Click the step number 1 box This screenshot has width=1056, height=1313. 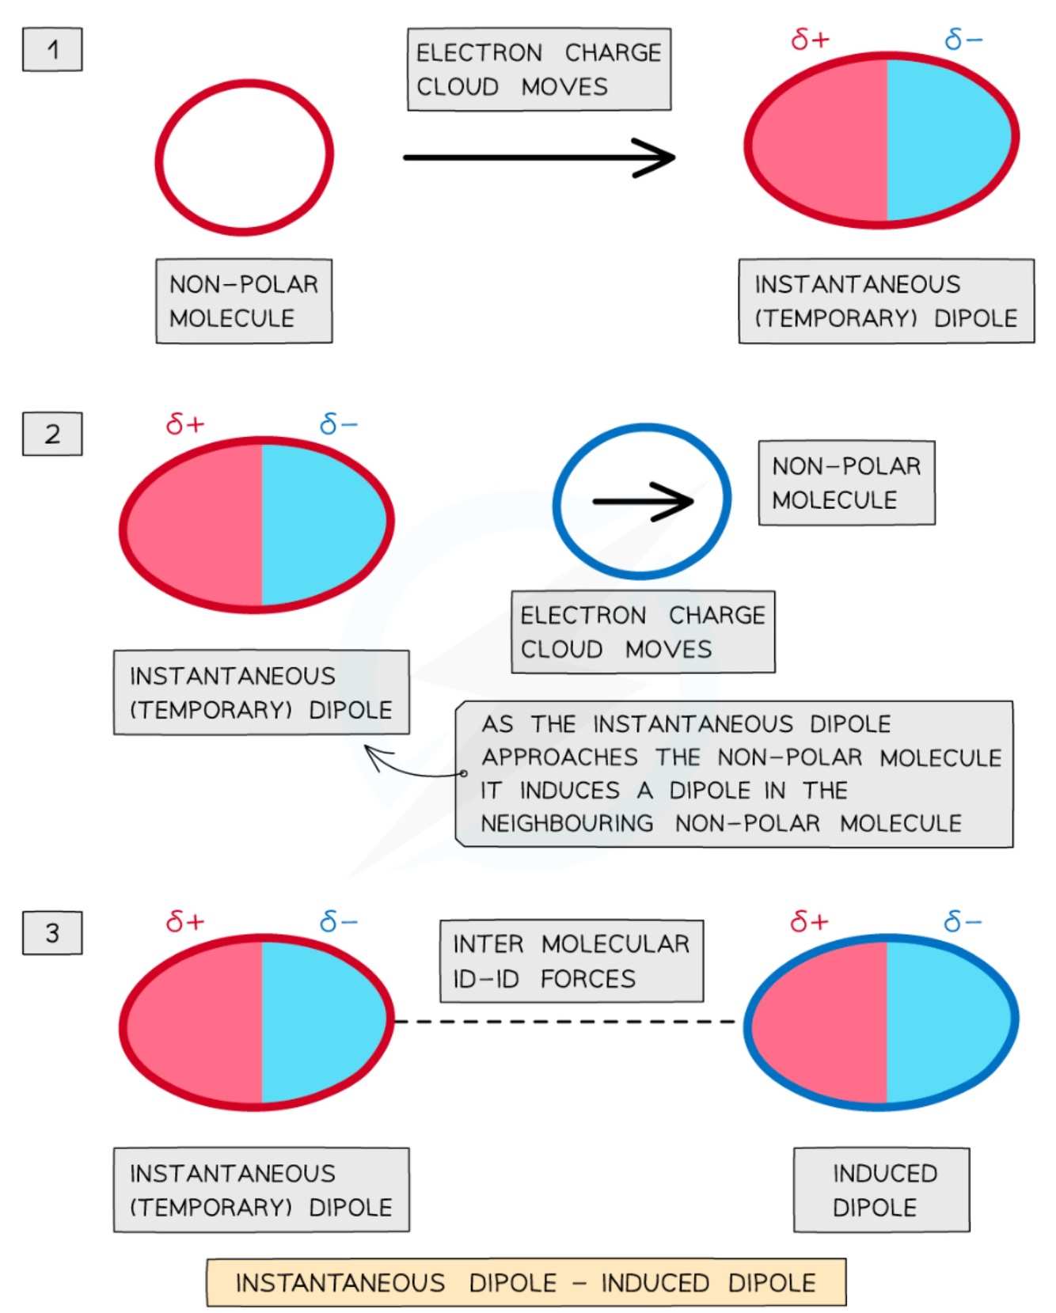pos(52,49)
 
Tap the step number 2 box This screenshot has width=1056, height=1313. pos(52,434)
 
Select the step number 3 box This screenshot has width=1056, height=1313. pos(52,932)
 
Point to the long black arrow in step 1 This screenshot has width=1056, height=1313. pos(539,157)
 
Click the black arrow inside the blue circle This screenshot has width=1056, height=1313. pos(643,501)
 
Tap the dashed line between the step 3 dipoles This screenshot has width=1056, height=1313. pos(565,1022)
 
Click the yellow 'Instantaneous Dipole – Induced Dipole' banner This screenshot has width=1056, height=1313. pos(526,1282)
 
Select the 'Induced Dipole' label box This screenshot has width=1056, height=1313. pos(882,1190)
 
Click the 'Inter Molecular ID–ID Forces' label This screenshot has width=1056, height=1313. pos(572,961)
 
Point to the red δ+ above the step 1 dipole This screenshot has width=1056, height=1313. pos(810,39)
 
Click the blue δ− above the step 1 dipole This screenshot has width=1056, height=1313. pos(963,39)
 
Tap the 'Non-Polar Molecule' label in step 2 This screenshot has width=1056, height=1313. pos(847,483)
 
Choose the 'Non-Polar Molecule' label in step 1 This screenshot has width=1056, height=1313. pos(244,301)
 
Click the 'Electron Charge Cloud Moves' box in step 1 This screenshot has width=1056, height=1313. pos(539,69)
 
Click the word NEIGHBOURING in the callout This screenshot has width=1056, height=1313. pos(567,823)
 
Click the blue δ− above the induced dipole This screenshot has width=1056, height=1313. pos(963,921)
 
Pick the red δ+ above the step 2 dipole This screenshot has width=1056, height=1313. pos(185,424)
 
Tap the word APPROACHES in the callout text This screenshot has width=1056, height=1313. pos(560,757)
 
